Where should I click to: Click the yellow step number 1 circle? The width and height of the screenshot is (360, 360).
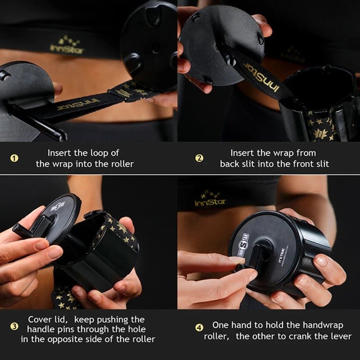tap(14, 158)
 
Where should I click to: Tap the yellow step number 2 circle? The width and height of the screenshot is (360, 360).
tap(199, 158)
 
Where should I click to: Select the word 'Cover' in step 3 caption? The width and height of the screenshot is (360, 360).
tap(40, 319)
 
